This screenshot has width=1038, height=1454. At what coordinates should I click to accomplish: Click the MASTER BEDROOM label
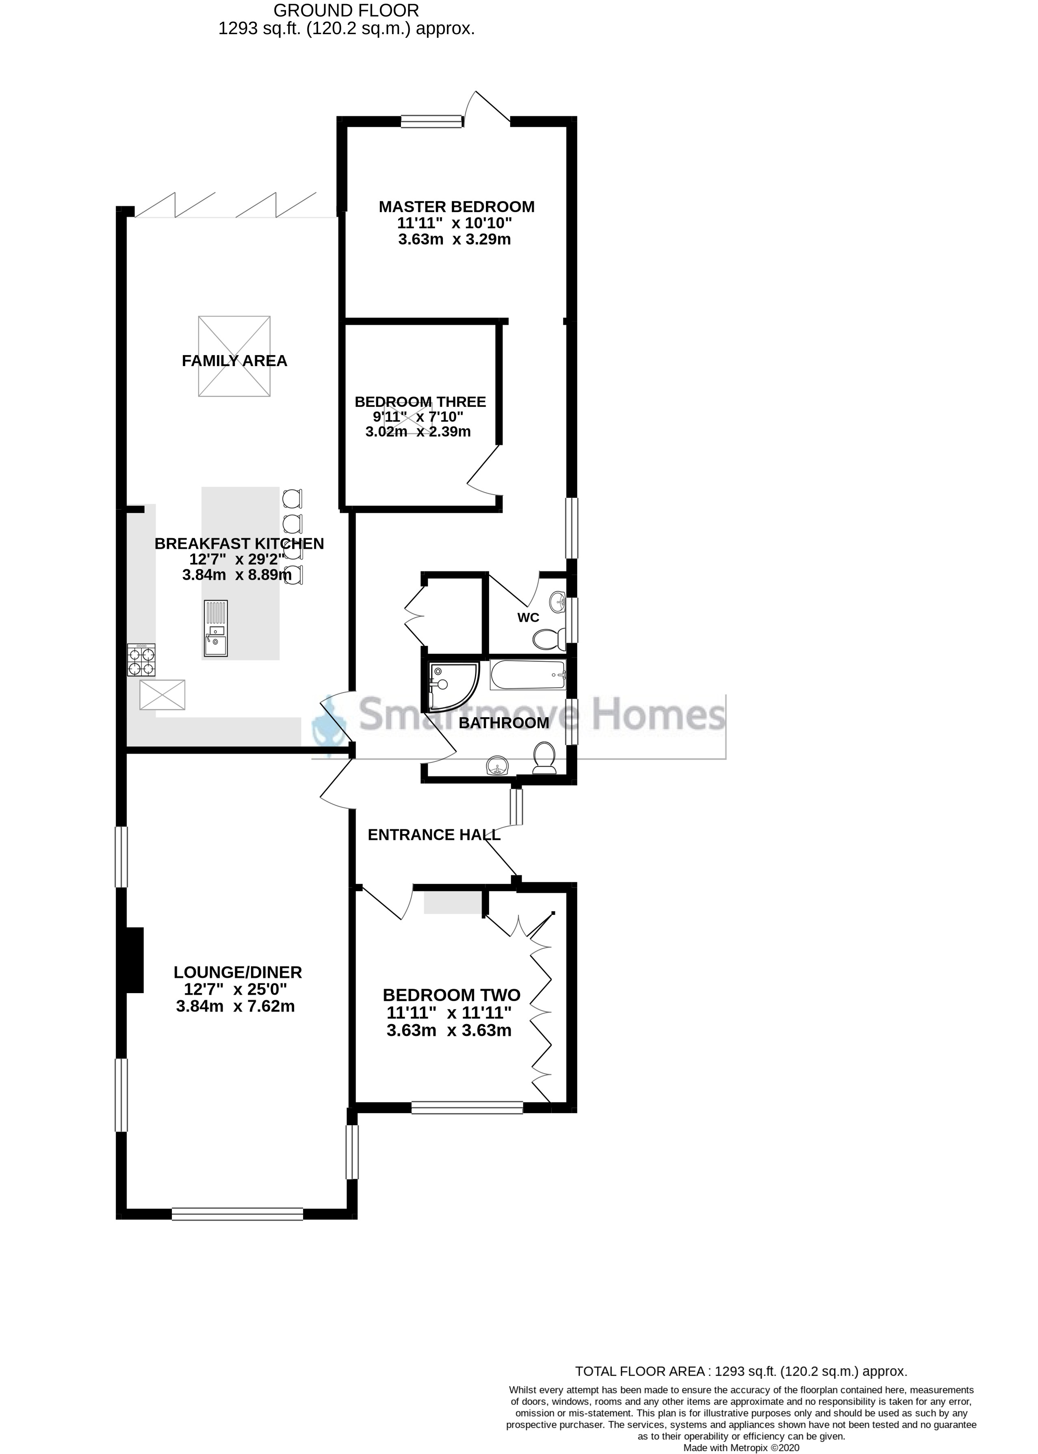[x=456, y=206]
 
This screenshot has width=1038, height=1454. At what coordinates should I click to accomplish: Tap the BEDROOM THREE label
[x=420, y=401]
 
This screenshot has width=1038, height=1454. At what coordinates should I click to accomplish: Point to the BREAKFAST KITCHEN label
[x=239, y=543]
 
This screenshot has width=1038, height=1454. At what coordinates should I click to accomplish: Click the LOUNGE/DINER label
[x=238, y=972]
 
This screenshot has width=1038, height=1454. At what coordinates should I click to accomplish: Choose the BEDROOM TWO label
[x=451, y=995]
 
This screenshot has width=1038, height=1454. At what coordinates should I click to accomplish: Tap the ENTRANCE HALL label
[x=434, y=834]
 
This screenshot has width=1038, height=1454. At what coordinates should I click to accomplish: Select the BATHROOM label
[x=504, y=723]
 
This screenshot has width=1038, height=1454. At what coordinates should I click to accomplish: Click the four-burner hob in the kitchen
[x=141, y=660]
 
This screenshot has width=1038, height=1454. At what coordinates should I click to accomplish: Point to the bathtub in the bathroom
[x=528, y=675]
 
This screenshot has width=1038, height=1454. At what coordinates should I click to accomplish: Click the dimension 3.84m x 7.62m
[x=235, y=1006]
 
